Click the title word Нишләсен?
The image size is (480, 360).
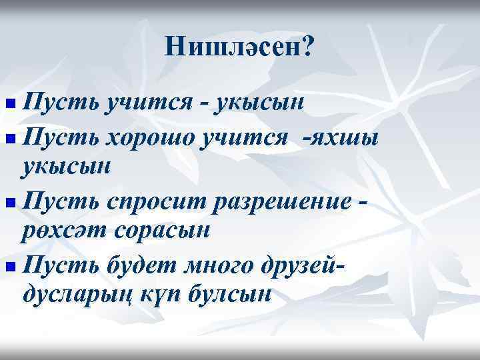[239, 46]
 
